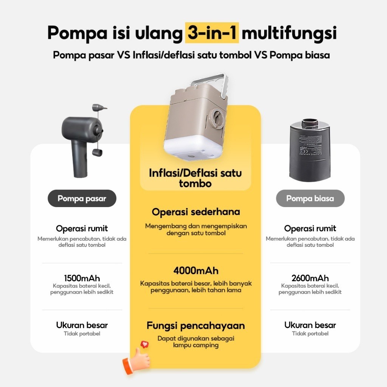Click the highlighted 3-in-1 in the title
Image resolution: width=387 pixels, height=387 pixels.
(212, 33)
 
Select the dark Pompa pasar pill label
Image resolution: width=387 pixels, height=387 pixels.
(82, 198)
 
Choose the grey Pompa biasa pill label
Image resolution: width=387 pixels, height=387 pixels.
(310, 198)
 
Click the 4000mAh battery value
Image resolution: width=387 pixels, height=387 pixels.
(196, 271)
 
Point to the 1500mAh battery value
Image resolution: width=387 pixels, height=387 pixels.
(82, 278)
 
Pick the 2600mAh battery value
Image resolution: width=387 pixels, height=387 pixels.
(310, 278)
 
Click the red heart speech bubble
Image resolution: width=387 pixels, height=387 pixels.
(145, 345)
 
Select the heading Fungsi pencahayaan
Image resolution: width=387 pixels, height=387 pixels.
(196, 325)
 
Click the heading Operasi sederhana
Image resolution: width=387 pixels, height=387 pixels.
(196, 212)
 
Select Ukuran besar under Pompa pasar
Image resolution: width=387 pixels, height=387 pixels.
(82, 325)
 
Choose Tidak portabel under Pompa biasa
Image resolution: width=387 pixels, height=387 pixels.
(310, 334)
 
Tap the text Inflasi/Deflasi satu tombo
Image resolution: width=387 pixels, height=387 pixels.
(195, 178)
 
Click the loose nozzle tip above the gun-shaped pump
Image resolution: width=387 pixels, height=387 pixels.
(99, 108)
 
